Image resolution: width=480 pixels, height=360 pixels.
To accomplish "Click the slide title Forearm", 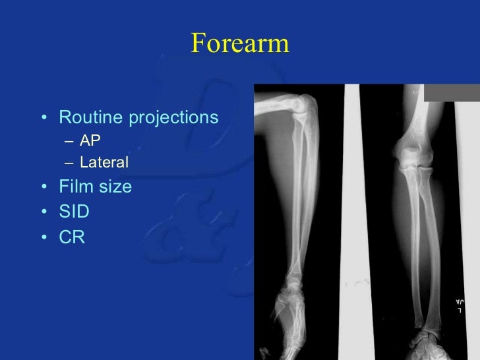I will point(240,44).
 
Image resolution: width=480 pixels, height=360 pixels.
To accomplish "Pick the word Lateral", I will point(104,162).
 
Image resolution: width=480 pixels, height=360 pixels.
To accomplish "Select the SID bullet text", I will point(74,212).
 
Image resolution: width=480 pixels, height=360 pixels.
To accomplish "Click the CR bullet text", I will point(72,237).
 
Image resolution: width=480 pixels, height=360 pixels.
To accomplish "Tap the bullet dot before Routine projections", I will point(44,119).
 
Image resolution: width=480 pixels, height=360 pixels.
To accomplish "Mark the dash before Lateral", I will point(71,162).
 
